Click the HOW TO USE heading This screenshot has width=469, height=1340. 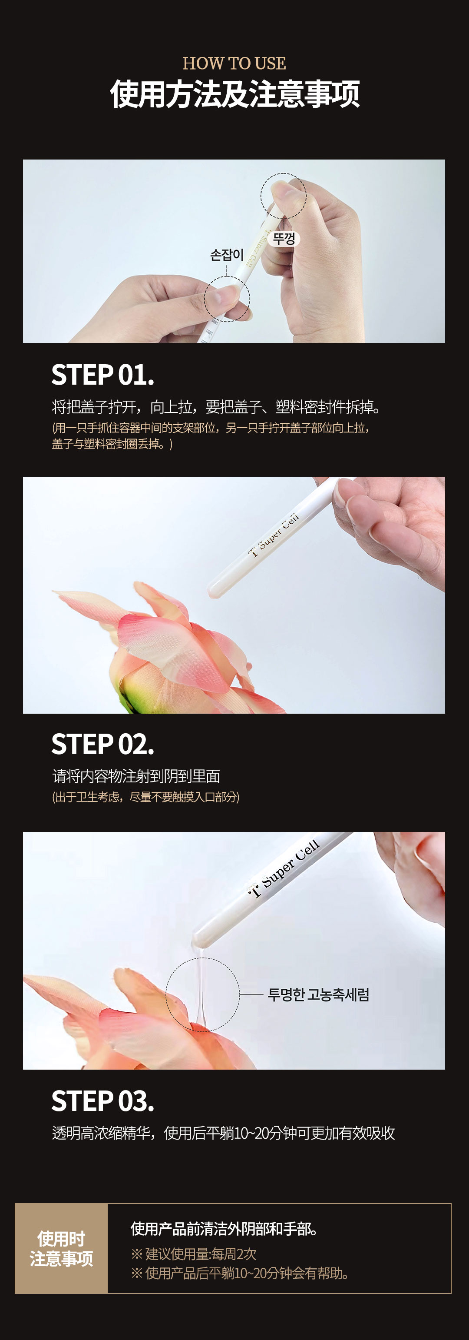[x=234, y=63]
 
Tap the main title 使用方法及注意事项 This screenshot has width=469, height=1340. [x=234, y=94]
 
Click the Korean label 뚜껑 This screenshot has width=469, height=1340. [x=284, y=239]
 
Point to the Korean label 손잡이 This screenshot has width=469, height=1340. [x=227, y=255]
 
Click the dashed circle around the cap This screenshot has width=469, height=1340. [x=261, y=196]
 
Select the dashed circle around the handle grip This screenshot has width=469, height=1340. [x=205, y=299]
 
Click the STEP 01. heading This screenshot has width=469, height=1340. [x=103, y=375]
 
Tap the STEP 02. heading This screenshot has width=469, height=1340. [x=103, y=745]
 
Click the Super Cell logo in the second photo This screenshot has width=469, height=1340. [x=274, y=535]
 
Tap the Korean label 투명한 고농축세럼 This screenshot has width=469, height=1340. [x=318, y=994]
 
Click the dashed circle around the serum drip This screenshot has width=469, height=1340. [x=166, y=994]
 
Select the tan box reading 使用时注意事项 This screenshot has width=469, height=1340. [x=61, y=1248]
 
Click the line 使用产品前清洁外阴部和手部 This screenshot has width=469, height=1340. [x=224, y=1229]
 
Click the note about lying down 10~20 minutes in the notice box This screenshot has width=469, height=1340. [x=240, y=1273]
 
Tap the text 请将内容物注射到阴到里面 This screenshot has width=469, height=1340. [x=136, y=776]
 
